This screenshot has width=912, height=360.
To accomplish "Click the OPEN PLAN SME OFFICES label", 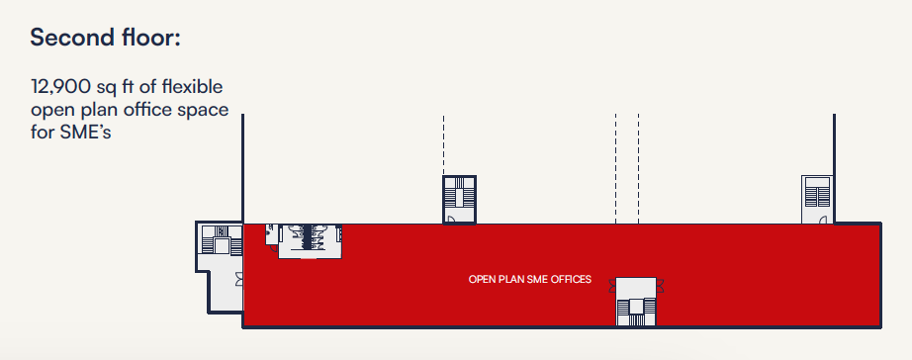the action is point(530,280).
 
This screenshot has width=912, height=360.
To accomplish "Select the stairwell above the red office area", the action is point(460,200).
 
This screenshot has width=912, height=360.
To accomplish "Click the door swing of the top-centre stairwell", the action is point(450,219).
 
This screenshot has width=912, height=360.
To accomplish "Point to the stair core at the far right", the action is point(817,199).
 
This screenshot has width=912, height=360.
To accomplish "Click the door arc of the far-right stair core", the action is point(823,219).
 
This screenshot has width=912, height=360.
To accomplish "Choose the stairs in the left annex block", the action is point(221,240).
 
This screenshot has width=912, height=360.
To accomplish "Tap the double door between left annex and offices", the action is point(239,279).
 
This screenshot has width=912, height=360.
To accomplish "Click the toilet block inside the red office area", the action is point(310,240).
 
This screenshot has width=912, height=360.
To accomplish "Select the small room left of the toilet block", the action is point(272,233).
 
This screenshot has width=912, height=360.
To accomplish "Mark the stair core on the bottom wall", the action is point(636,302).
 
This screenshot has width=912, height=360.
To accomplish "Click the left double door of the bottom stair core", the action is point(612,286).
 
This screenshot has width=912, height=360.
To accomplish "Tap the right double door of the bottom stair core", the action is point(660,286).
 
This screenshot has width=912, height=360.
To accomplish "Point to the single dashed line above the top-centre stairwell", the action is point(443,144).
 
